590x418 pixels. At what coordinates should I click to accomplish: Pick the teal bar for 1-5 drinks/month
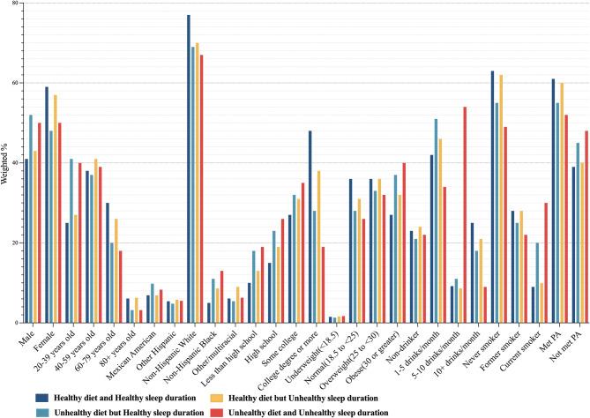(x=436, y=220)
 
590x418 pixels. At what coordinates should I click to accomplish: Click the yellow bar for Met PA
(x=561, y=203)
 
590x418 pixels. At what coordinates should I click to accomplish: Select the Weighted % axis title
(x=7, y=162)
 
